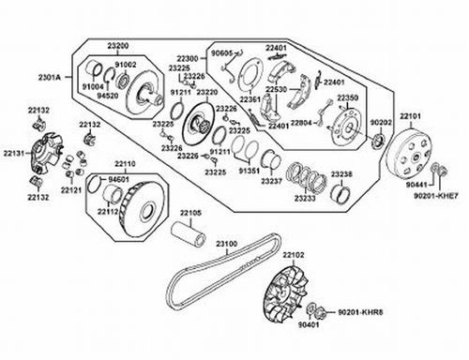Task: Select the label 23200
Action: point(116,45)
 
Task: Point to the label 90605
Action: point(221,53)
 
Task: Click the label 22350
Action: point(347,97)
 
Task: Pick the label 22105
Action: point(190,213)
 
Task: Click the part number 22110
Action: point(125,163)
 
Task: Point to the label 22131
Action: point(13,152)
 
